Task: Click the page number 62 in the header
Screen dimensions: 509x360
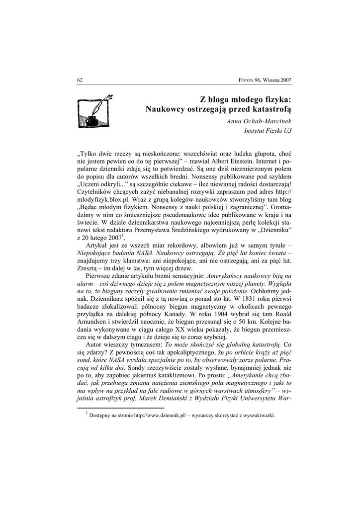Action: [x=80, y=80]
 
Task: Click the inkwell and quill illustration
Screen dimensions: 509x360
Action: [x=94, y=110]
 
